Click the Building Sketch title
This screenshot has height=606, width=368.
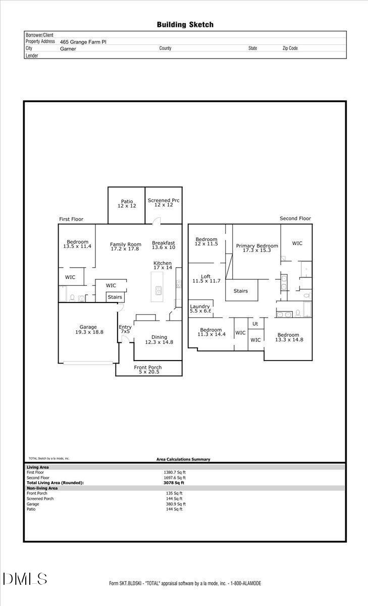(x=185, y=24)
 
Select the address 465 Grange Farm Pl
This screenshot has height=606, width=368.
(x=83, y=42)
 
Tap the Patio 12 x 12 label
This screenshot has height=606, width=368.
(x=127, y=204)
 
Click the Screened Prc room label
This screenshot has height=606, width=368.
(x=164, y=203)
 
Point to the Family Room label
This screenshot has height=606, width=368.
(x=126, y=247)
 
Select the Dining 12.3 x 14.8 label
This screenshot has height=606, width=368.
(x=160, y=340)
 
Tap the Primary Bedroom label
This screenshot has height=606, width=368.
(x=257, y=248)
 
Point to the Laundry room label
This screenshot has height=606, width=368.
(x=200, y=309)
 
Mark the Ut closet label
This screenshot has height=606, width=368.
(x=255, y=324)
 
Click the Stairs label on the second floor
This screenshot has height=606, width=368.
(x=240, y=291)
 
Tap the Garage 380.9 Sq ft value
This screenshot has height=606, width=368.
(x=176, y=503)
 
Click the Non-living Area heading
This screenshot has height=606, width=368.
(x=42, y=488)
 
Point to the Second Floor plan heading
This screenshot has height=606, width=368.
(x=295, y=219)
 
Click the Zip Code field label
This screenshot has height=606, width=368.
(x=290, y=48)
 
